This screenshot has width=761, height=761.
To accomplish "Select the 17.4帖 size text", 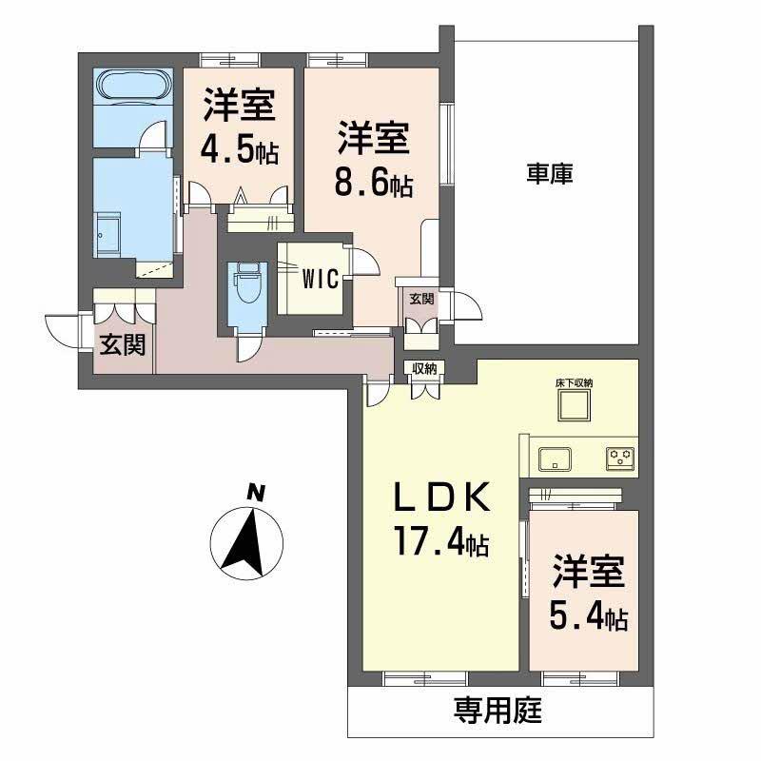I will coord(442,543).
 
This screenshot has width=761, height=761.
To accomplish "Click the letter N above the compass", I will coord(254,492).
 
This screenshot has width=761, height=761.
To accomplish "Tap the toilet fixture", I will coord(245,283).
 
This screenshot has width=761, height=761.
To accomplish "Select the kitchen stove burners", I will coord(621,459).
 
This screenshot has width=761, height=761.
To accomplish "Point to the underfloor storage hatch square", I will coord(575,408).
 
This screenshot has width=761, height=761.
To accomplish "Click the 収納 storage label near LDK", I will coord(425,369).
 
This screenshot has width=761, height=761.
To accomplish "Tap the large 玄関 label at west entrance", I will coord(125,344).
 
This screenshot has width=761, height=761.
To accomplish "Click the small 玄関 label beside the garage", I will coord(421,299).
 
